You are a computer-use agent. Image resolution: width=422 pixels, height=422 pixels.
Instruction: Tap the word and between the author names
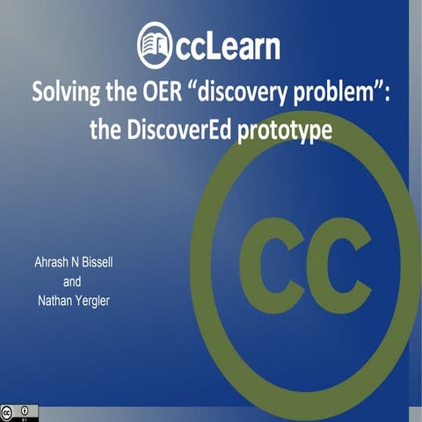pyautogui.click(x=77, y=283)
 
